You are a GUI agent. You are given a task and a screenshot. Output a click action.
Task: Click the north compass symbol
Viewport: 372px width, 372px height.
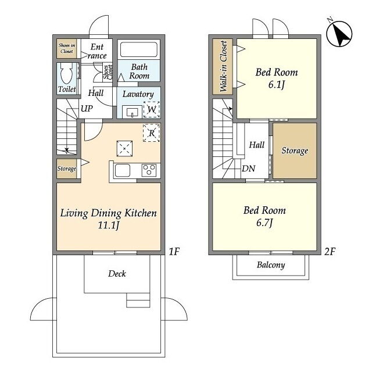339,33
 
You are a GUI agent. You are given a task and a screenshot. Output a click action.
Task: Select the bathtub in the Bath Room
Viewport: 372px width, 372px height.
139,49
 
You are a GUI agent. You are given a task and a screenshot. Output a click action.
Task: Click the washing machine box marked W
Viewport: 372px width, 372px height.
152,109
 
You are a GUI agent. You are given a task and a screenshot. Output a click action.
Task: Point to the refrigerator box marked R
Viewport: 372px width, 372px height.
152,133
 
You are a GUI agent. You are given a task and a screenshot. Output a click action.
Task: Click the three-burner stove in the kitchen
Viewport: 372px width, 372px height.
149,170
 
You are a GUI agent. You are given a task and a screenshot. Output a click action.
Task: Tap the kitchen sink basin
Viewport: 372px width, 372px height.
123,170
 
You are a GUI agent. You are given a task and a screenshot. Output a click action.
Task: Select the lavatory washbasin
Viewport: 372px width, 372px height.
132,112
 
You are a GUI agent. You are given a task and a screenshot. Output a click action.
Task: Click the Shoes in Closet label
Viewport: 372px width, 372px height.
67,48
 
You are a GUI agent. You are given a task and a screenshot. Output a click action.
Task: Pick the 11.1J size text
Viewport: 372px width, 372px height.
109,225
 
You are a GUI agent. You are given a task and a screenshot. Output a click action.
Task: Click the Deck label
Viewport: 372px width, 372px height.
117,274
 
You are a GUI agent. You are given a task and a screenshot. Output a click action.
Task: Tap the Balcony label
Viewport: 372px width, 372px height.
271,265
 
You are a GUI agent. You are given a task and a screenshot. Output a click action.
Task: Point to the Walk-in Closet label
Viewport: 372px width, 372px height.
223,66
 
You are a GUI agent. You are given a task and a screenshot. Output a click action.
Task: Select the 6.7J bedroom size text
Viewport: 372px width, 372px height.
264,223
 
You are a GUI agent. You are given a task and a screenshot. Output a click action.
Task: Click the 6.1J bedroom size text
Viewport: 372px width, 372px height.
277,84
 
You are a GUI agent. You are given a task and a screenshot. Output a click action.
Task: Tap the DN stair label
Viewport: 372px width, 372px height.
248,169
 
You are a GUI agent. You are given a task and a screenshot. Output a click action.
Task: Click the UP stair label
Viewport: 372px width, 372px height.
87,109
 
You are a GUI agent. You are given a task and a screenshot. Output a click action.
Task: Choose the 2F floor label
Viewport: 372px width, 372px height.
330,252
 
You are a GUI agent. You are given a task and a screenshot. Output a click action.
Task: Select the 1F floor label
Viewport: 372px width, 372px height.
174,252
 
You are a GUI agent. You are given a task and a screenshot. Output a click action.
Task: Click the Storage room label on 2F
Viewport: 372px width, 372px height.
295,151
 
